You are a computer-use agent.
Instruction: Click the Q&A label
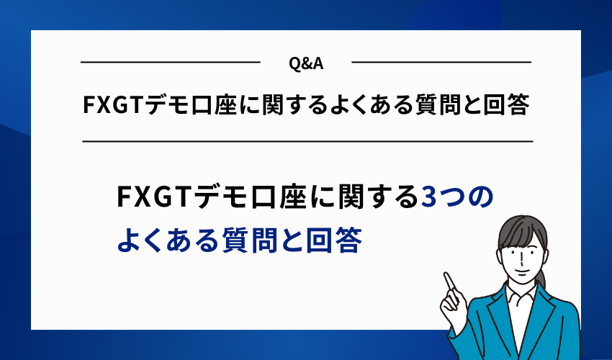tap(305, 63)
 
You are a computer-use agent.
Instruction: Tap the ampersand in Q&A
tap(306, 63)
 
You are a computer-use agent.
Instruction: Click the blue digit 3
tap(427, 196)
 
